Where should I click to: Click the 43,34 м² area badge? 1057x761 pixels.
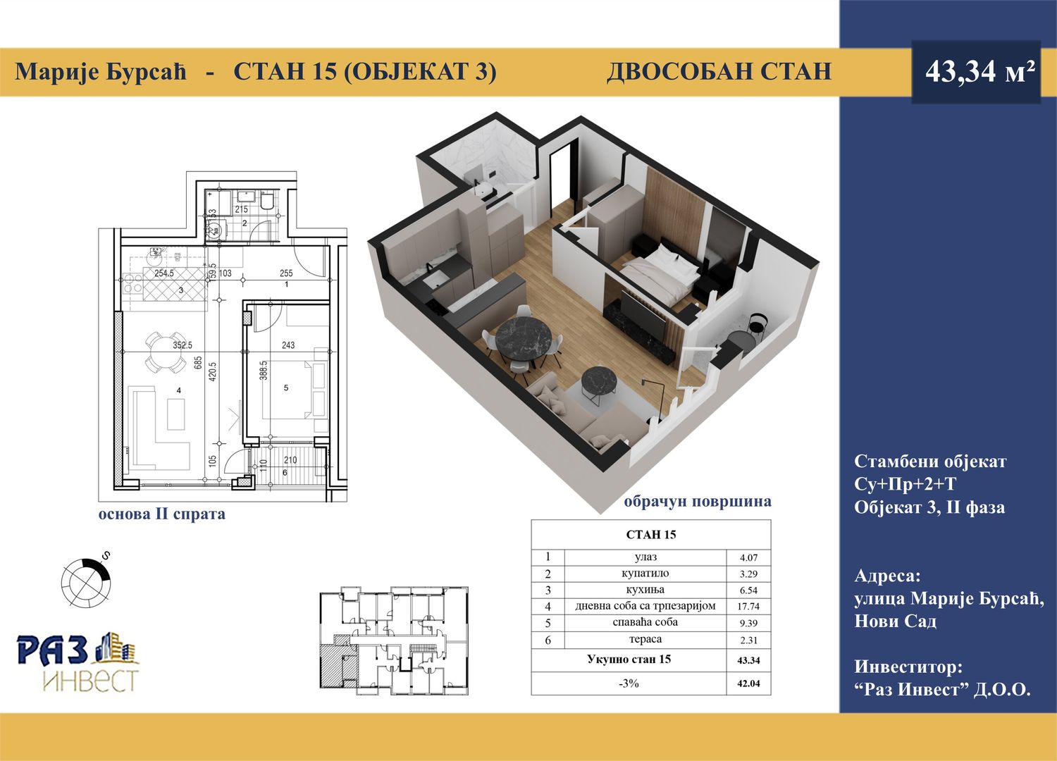click(976, 72)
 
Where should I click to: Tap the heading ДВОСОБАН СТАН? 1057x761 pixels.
click(719, 72)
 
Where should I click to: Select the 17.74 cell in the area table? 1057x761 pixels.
click(748, 606)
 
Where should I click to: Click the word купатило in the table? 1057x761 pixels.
click(645, 574)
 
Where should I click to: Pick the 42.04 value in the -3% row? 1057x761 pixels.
click(748, 683)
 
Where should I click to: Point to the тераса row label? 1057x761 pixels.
click(645, 639)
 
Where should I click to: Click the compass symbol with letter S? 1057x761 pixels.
click(87, 581)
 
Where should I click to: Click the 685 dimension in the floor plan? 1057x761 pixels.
click(198, 363)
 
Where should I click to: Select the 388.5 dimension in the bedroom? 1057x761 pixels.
click(264, 371)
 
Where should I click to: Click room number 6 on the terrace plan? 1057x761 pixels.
click(285, 473)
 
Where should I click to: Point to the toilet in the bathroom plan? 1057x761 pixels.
click(266, 202)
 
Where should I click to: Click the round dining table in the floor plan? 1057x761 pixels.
click(165, 352)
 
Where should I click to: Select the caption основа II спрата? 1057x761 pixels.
click(162, 514)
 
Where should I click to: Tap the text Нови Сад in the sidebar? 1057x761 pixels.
click(895, 621)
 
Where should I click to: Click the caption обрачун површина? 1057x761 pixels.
click(698, 502)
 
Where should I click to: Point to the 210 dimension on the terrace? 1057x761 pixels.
click(290, 460)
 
